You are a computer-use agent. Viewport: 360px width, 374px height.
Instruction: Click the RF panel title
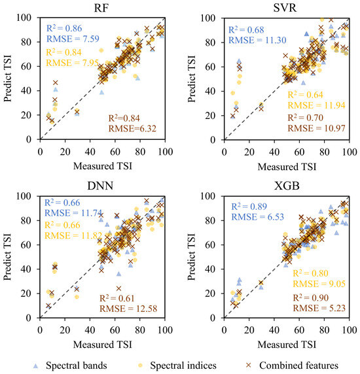(x=101, y=8)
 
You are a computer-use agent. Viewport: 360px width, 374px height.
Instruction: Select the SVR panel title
(x=285, y=8)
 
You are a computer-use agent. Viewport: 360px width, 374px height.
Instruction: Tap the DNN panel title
(x=100, y=186)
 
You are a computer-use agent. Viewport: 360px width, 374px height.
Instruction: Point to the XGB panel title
(x=287, y=186)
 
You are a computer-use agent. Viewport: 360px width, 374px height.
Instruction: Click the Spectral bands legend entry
(x=71, y=365)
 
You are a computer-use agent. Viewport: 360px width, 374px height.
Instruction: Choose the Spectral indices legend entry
(x=177, y=365)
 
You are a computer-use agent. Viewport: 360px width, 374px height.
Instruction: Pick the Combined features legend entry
(x=293, y=365)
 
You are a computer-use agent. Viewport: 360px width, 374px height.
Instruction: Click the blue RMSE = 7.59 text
(x=73, y=39)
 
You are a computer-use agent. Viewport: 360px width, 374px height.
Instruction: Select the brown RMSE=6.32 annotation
(x=132, y=129)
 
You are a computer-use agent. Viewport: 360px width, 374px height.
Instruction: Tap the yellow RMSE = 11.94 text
(x=317, y=105)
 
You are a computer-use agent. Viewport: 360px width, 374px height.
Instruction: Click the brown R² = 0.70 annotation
(x=305, y=118)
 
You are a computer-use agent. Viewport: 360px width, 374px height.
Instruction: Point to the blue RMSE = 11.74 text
(x=73, y=212)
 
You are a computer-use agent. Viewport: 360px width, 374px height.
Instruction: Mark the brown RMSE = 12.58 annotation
(x=128, y=309)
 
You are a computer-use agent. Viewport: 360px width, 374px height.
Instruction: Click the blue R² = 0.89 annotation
(x=249, y=207)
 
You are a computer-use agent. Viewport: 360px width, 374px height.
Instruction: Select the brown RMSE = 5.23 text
(x=319, y=308)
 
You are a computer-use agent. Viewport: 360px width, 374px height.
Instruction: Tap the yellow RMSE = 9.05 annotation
(x=319, y=284)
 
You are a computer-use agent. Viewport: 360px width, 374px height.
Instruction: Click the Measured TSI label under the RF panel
(x=103, y=166)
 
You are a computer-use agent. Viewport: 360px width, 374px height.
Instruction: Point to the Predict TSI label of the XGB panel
(x=191, y=256)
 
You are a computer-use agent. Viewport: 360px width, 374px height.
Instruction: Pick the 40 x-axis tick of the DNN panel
(x=90, y=330)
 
